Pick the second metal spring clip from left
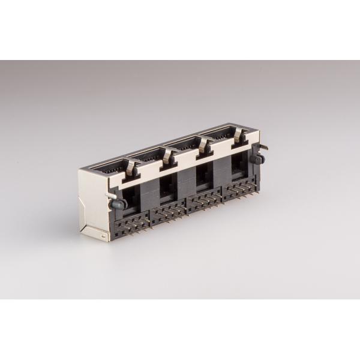coord(168,157)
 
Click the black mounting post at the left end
coord(118,203)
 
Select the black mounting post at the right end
coord(260,159)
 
